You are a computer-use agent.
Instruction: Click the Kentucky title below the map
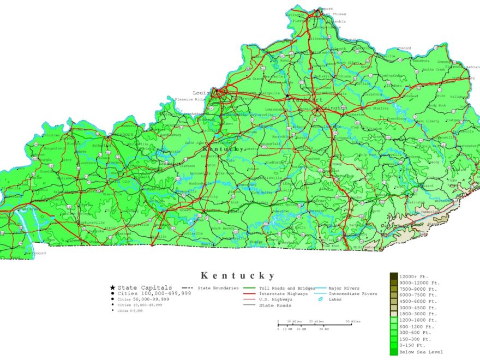pos(238,276)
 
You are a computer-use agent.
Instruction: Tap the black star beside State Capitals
pos(112,287)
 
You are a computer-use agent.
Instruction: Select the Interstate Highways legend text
pos(279,293)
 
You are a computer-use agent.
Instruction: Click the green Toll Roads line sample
pos(250,288)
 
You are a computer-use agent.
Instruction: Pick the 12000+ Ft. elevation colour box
pos(394,276)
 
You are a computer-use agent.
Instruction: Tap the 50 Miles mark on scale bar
pos(353,321)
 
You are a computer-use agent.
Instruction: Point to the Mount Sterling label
pos(374,108)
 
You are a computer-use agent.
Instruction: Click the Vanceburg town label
pos(421,61)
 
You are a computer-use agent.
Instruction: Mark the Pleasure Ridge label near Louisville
pos(190,99)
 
